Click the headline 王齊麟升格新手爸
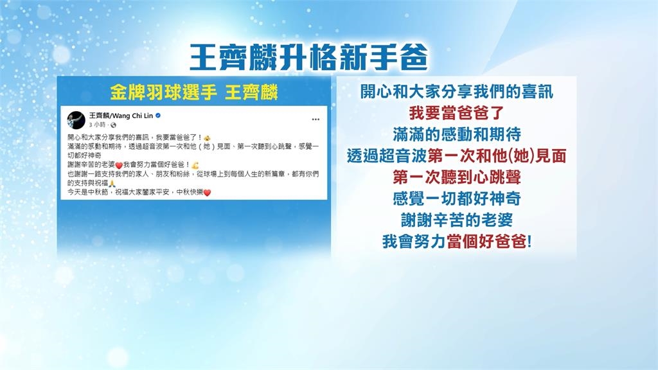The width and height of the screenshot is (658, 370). point(309,58)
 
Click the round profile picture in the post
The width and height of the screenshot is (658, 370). point(77,118)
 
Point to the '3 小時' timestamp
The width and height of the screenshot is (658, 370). point(96,124)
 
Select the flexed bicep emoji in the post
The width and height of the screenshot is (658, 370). point(195,165)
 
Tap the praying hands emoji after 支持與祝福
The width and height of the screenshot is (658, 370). point(112,184)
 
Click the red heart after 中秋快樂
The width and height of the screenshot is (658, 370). point(208,193)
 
